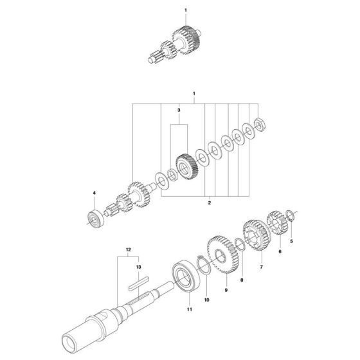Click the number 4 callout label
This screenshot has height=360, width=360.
pyautogui.click(x=93, y=192)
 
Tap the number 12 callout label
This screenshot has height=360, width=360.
pyautogui.click(x=128, y=248)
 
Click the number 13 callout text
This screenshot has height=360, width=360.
pyautogui.click(x=137, y=265)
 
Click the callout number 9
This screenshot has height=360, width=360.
pyautogui.click(x=226, y=291)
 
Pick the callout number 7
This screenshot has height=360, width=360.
pyautogui.click(x=261, y=266)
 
